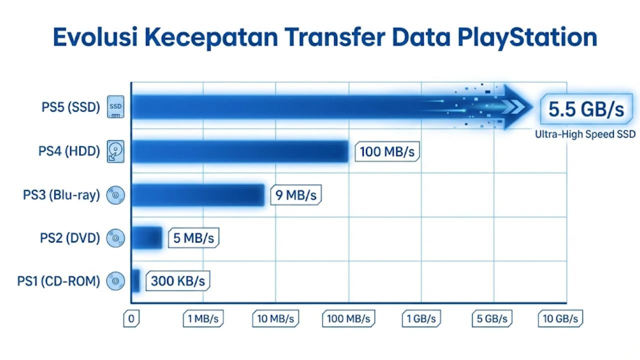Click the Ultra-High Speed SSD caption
pyautogui.click(x=585, y=134)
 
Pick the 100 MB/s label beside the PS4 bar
pyautogui.click(x=387, y=151)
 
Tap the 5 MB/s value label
pyautogui.click(x=193, y=238)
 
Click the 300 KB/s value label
pyautogui.click(x=177, y=281)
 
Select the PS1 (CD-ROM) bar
pyautogui.click(x=135, y=281)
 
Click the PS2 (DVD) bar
pyautogui.click(x=147, y=238)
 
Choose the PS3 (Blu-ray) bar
pyautogui.click(x=198, y=195)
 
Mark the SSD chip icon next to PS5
pyautogui.click(x=115, y=107)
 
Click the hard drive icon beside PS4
pyautogui.click(x=115, y=151)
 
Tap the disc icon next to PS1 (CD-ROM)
pyautogui.click(x=115, y=281)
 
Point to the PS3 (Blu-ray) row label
pyautogui.click(x=61, y=195)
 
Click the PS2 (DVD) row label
pyautogui.click(x=70, y=238)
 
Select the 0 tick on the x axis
pyautogui.click(x=131, y=319)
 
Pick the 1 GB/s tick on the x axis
pyautogui.click(x=421, y=319)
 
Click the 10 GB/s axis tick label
pyautogui.click(x=560, y=319)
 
